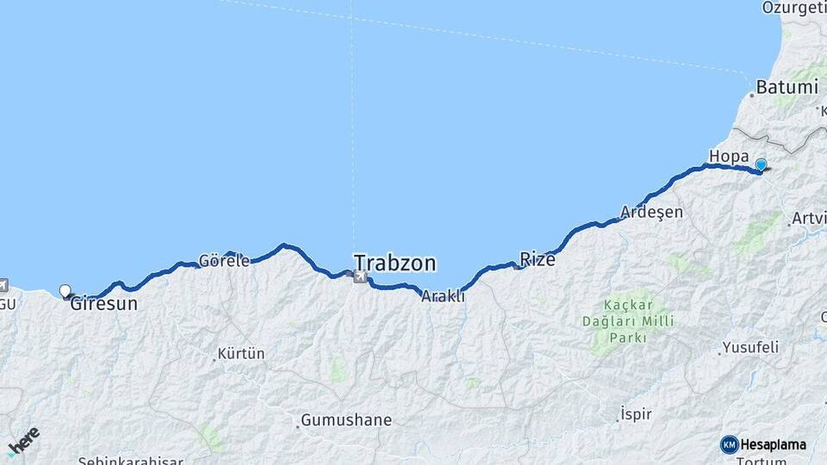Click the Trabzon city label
click(395, 263)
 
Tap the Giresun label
click(103, 303)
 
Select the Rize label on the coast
click(538, 259)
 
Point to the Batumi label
click(787, 87)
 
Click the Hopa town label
click(728, 156)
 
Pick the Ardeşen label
click(652, 212)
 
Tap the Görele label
click(224, 260)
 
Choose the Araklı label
click(443, 295)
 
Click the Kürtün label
click(241, 353)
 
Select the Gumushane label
click(345, 420)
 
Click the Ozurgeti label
click(793, 8)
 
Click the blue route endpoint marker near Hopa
click(761, 164)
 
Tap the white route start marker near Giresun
click(65, 291)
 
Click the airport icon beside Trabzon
click(359, 276)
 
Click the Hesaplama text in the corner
click(774, 444)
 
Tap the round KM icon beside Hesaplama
click(730, 444)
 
